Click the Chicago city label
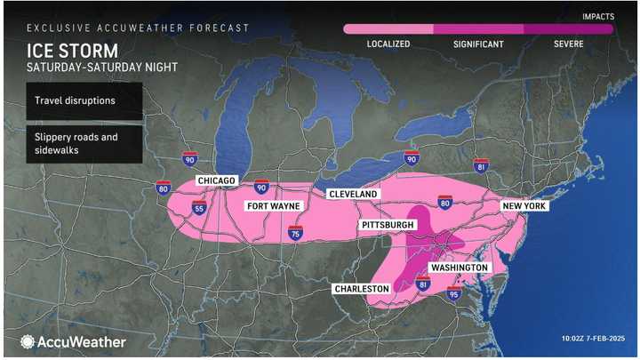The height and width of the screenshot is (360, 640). (x=216, y=181)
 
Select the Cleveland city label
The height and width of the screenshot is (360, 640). (x=353, y=194)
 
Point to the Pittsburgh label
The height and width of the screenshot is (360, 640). (x=388, y=226)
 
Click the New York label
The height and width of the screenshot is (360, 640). (x=524, y=206)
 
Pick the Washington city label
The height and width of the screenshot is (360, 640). (x=459, y=268)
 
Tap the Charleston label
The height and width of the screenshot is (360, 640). (x=362, y=289)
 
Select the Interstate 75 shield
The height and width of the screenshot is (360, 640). (x=297, y=233)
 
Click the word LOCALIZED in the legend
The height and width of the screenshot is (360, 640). (x=388, y=43)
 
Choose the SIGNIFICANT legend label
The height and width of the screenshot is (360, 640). (x=478, y=43)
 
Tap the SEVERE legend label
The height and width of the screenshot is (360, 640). (x=568, y=43)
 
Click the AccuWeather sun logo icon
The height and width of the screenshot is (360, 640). (x=28, y=341)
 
